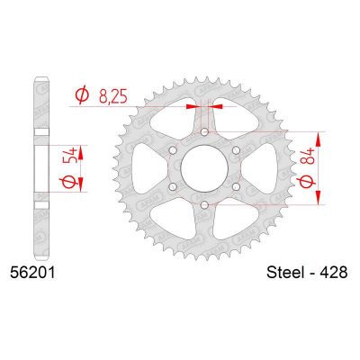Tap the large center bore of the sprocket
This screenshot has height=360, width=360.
point(205,168)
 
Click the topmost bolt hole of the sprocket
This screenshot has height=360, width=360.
point(205,132)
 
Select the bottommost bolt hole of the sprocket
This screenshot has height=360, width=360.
point(205,205)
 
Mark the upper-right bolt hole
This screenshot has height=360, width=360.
point(237,150)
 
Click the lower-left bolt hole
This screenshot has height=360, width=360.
point(174,187)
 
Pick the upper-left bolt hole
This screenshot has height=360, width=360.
point(174,150)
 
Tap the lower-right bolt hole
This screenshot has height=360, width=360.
point(237,187)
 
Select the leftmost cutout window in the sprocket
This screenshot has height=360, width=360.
point(147,168)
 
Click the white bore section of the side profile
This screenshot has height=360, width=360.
point(40,168)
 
